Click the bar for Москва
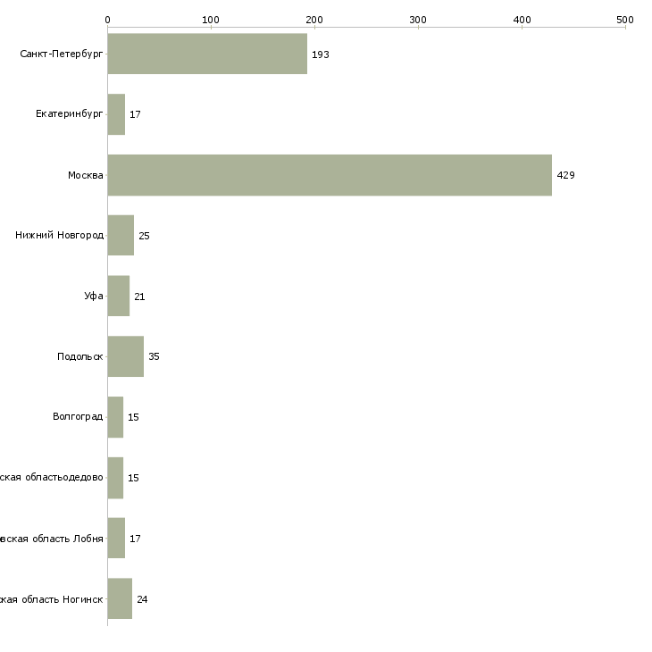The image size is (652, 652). [330, 175]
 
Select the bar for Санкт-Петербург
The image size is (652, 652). [207, 54]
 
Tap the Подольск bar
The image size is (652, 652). [125, 356]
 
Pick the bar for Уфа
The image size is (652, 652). [118, 296]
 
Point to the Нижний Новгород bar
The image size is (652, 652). [121, 236]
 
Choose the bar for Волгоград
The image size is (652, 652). [115, 417]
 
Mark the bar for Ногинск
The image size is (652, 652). [120, 598]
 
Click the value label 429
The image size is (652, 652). [565, 175]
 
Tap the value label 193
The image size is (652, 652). [321, 54]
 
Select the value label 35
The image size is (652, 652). [154, 356]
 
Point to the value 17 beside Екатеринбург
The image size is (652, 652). [135, 115]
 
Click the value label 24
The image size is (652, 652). [142, 599]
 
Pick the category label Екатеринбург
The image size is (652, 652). [69, 115]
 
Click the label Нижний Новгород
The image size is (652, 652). [59, 236]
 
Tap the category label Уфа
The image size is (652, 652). [93, 297]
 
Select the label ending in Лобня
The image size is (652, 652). [52, 539]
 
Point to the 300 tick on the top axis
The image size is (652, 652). [418, 19]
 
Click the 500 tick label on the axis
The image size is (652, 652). [625, 19]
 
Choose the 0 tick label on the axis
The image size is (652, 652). [107, 19]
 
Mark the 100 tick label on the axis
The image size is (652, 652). [211, 19]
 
